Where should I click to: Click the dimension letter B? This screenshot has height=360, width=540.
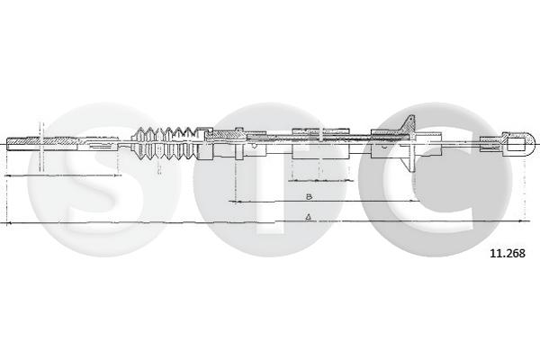309,195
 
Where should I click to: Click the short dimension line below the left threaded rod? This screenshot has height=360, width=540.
63,175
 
